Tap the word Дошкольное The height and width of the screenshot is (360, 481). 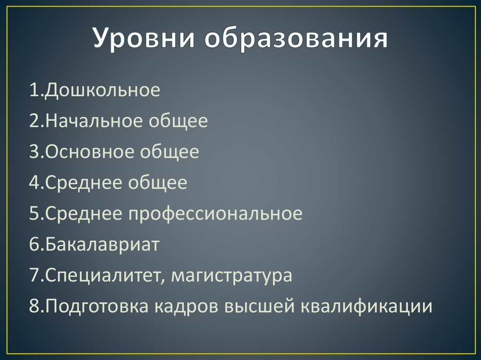click(x=102, y=90)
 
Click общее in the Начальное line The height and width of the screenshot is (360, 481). click(x=178, y=121)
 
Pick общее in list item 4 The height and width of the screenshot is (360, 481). click(x=157, y=183)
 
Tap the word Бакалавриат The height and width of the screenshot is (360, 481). click(x=102, y=245)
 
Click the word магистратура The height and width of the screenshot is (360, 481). click(x=232, y=276)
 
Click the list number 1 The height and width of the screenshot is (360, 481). click(x=33, y=90)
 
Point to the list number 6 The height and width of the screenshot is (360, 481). click(x=34, y=245)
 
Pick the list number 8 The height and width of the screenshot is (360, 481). click(x=34, y=306)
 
